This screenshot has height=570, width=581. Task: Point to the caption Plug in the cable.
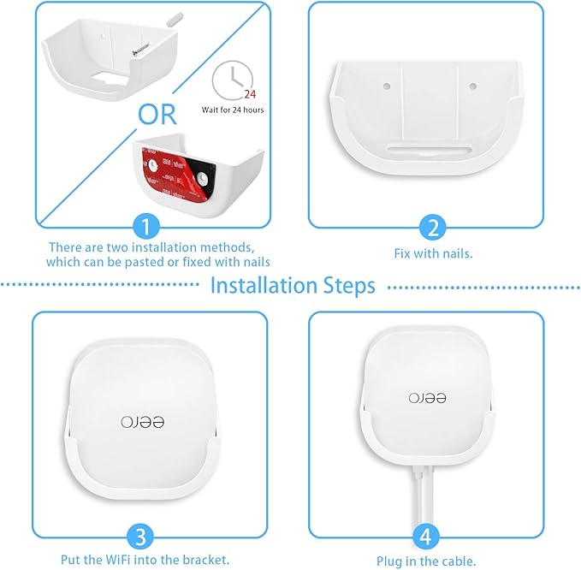click(x=426, y=561)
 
